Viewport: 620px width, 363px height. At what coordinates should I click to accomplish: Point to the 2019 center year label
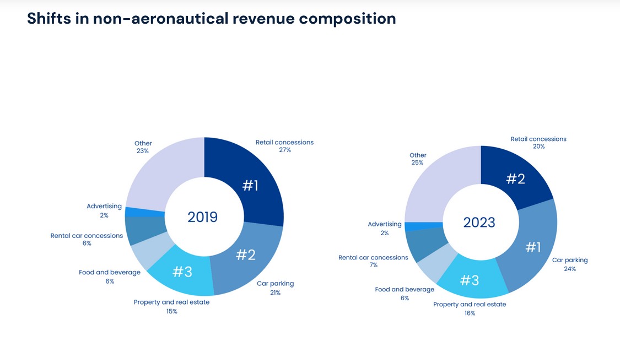pyautogui.click(x=203, y=217)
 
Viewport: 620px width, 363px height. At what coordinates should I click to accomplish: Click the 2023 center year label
pyautogui.click(x=479, y=223)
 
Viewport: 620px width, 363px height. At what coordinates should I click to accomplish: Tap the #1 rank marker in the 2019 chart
pyautogui.click(x=250, y=186)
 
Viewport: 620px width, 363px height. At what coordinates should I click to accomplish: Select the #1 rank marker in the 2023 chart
pyautogui.click(x=533, y=248)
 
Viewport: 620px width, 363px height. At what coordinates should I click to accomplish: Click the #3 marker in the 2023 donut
pyautogui.click(x=470, y=280)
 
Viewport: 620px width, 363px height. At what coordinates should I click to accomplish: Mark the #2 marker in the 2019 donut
pyautogui.click(x=246, y=255)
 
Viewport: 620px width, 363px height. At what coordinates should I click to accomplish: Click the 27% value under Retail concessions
pyautogui.click(x=284, y=150)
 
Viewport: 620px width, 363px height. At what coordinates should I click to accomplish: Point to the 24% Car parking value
pyautogui.click(x=570, y=269)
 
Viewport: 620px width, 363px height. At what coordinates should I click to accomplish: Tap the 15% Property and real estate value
pyautogui.click(x=171, y=312)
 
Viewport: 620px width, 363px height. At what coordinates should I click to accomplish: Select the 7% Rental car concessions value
pyautogui.click(x=374, y=266)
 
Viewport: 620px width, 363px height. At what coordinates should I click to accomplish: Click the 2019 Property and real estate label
pyautogui.click(x=171, y=302)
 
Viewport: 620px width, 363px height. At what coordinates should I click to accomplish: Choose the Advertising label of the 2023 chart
pyautogui.click(x=385, y=224)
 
